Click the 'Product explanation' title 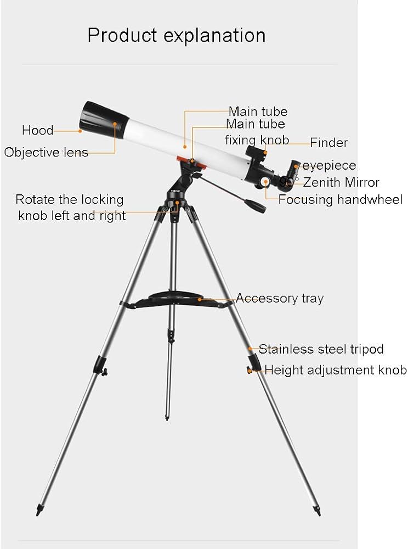177,35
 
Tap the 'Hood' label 38,131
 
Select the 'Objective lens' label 46,153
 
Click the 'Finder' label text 328,143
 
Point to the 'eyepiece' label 329,166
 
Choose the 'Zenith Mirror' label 341,183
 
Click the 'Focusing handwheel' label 340,200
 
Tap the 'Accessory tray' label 280,299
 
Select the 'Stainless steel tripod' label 321,349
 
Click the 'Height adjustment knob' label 336,370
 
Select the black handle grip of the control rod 256,206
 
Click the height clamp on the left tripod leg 100,365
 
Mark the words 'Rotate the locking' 70,199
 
